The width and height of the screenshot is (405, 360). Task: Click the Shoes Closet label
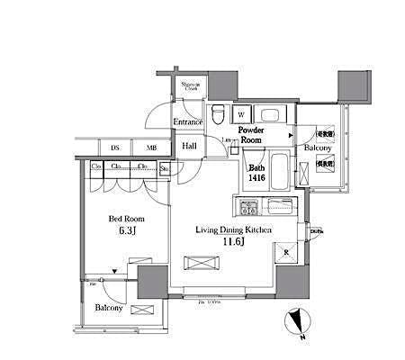tap(192, 85)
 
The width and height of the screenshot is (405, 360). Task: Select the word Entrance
tap(188, 121)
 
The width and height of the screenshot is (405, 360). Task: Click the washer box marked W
tap(242, 114)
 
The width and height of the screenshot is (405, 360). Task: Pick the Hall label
tap(190, 146)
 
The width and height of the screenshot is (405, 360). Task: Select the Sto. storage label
tap(165, 166)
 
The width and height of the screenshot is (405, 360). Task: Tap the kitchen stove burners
tap(247, 210)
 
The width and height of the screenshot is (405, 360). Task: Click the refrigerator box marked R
tap(285, 253)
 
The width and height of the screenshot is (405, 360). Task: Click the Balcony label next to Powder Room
tap(318, 147)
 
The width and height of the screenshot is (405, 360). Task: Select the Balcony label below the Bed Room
tap(109, 307)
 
